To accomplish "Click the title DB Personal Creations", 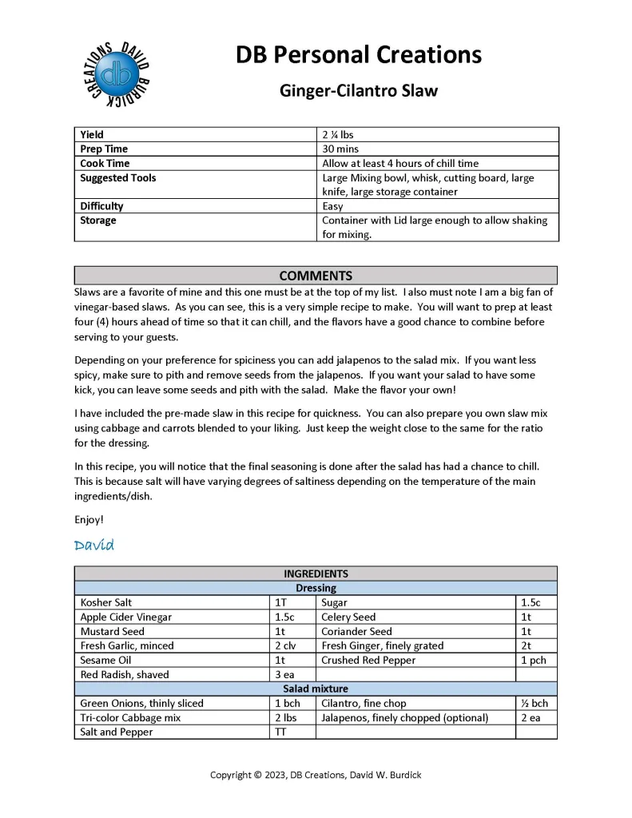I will (358, 54).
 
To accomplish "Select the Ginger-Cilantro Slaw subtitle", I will (358, 90).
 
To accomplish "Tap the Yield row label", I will (92, 135).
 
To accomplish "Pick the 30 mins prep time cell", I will (340, 149).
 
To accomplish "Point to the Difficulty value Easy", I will (332, 206).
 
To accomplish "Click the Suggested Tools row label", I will (117, 178).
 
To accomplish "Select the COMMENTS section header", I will (316, 276).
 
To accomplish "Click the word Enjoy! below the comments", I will (89, 519).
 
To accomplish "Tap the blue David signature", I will (94, 546).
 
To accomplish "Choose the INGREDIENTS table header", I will (316, 574).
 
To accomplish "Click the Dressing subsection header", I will (316, 588).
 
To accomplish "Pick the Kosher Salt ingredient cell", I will (106, 602).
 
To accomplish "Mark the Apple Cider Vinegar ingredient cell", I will (125, 617).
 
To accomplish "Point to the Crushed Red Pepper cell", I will (368, 660).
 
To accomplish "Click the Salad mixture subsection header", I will (316, 689).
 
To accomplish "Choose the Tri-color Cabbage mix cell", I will (130, 717).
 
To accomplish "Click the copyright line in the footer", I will (316, 775).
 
